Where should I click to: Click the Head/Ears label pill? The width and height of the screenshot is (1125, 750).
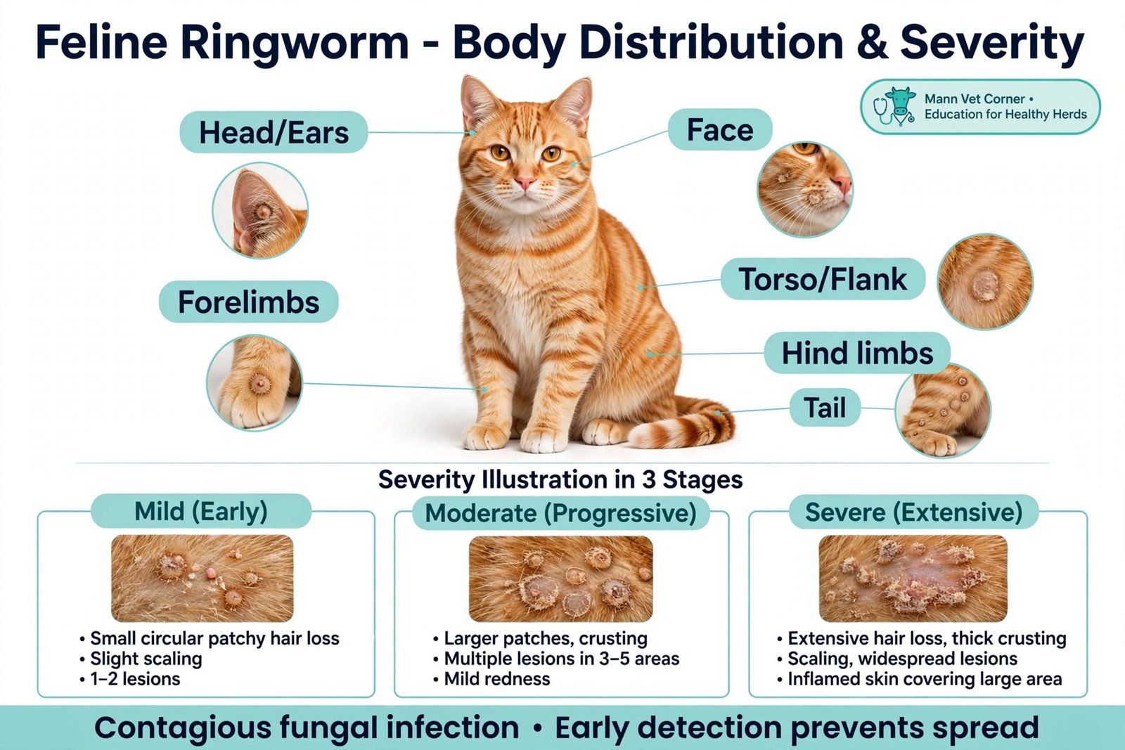pos(274,133)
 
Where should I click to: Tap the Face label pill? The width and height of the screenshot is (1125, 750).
pos(720,129)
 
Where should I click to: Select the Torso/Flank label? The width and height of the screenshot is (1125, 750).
pos(823,279)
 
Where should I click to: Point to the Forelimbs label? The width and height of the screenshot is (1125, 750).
pos(249,302)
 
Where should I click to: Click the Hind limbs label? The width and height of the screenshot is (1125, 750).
pos(857,352)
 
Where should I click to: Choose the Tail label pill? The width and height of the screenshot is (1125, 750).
pos(825,407)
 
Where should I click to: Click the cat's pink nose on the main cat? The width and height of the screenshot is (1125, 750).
pos(525,181)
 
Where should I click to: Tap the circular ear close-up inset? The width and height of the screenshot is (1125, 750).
pos(260,210)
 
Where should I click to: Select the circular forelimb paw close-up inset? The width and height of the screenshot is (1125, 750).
pos(255,383)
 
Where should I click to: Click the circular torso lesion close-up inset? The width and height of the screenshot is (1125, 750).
pos(985,282)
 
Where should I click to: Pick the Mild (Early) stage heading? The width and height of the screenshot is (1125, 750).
pos(201,511)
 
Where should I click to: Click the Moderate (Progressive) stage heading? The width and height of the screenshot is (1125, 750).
pos(560,513)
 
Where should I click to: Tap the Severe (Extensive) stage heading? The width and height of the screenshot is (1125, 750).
pos(913,512)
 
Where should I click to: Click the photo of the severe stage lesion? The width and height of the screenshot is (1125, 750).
pos(913,578)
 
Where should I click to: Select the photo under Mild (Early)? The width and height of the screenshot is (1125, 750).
pos(202,578)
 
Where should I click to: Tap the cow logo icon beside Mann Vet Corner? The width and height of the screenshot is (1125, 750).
pos(894,106)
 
